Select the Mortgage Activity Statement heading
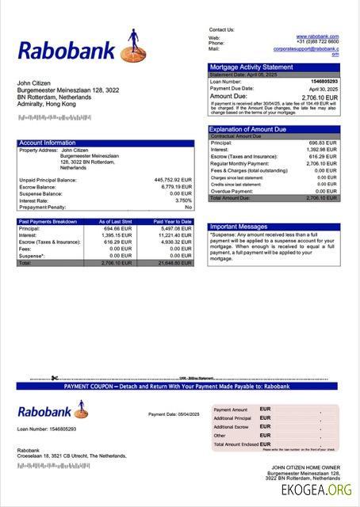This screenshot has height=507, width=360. pyautogui.click(x=251, y=67)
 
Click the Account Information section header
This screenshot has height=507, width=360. pyautogui.click(x=47, y=143)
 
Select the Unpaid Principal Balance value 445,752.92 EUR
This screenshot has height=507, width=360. pyautogui.click(x=173, y=180)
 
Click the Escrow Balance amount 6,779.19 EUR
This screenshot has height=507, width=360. pyautogui.click(x=175, y=187)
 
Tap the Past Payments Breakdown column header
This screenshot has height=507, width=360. pyautogui.click(x=48, y=222)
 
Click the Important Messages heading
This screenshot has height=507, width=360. pyautogui.click(x=239, y=227)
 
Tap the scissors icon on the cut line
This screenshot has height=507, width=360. pyautogui.click(x=53, y=378)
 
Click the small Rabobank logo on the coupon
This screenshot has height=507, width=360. pyautogui.click(x=53, y=411)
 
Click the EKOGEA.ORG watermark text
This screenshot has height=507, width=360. pyautogui.click(x=316, y=491)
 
